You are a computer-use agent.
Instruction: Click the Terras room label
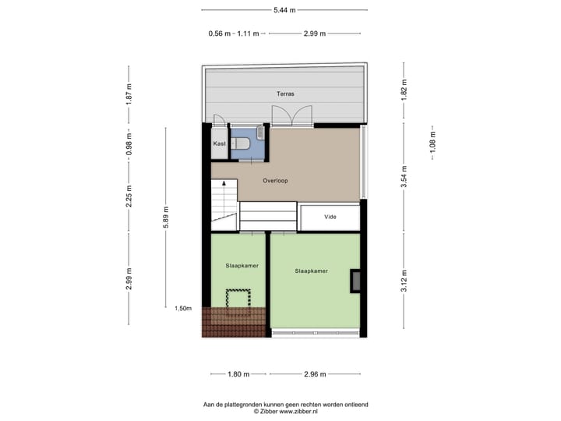pyautogui.click(x=284, y=94)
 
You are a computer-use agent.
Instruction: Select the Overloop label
pyautogui.click(x=275, y=181)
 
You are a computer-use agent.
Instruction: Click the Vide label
pyautogui.click(x=330, y=217)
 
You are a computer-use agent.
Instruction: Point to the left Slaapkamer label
pyautogui.click(x=242, y=265)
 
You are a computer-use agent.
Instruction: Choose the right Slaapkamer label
pyautogui.click(x=311, y=271)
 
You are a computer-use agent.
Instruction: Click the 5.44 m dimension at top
pyautogui.click(x=284, y=9)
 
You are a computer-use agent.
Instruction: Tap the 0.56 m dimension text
pyautogui.click(x=219, y=34)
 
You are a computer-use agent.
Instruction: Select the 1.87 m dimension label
pyautogui.click(x=130, y=94)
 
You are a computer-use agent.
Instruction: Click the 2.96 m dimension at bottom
pyautogui.click(x=316, y=374)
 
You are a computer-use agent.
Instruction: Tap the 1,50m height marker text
pyautogui.click(x=183, y=308)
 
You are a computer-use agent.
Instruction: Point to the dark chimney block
pyautogui.click(x=355, y=281)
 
